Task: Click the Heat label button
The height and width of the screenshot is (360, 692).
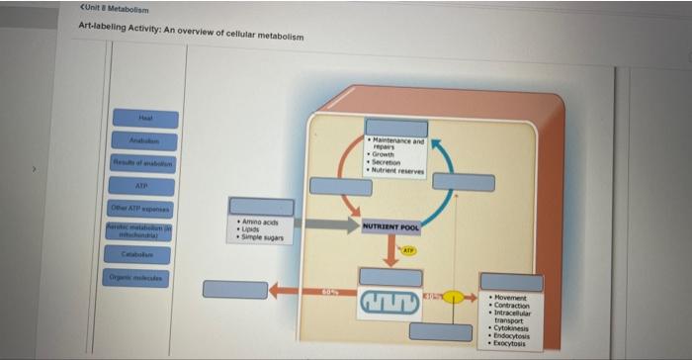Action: point(144,118)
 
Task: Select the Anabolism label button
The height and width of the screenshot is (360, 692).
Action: point(144,140)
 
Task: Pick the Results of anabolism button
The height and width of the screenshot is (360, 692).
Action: point(144,163)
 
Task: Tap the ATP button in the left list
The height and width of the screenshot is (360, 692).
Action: point(144,186)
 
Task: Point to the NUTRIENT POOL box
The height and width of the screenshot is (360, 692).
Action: point(390,227)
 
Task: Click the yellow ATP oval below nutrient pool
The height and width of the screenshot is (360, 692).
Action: point(407,251)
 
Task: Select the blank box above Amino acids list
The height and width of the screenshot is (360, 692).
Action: point(261,207)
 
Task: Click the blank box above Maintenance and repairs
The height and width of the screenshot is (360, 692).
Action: point(395,129)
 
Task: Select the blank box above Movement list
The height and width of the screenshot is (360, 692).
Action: point(511,283)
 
